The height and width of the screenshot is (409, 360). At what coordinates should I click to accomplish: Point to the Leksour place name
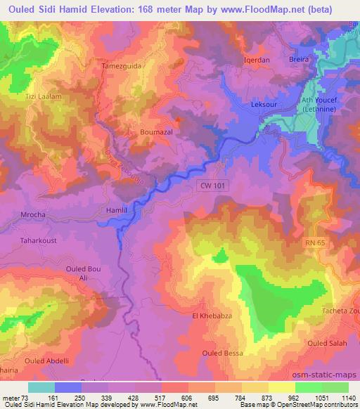(x=264, y=105)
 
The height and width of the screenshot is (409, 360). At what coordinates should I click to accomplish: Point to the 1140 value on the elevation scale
(x=347, y=397)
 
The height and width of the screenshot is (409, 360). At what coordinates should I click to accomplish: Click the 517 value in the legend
(x=148, y=397)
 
